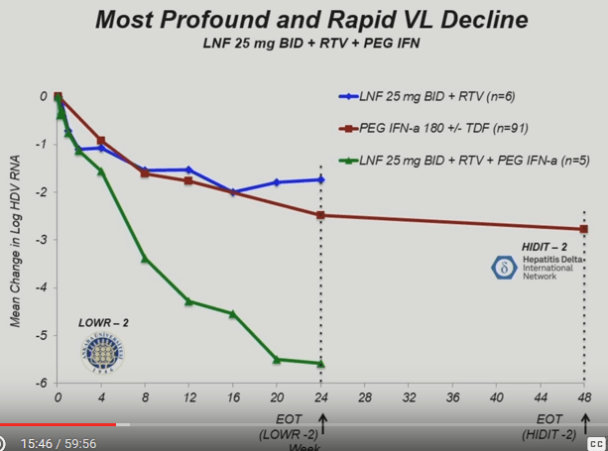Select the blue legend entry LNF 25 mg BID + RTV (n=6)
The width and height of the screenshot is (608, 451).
point(426,97)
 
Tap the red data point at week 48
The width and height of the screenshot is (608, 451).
point(583,229)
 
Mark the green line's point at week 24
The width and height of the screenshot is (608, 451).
point(320,363)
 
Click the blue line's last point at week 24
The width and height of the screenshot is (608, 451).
point(320,179)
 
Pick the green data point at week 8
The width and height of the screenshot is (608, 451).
point(145,259)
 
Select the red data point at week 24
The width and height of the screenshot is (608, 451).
point(320,215)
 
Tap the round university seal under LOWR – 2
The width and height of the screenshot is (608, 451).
point(101,352)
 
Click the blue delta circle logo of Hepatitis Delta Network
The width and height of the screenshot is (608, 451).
point(503,267)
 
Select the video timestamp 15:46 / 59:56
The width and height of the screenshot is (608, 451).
point(59,443)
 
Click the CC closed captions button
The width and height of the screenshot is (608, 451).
point(596,443)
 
